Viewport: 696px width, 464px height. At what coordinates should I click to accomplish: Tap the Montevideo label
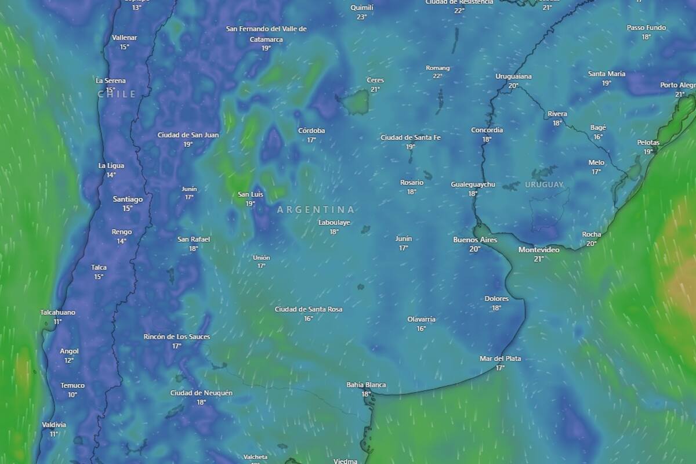point(539,250)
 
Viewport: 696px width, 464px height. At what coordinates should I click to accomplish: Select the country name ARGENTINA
point(316,209)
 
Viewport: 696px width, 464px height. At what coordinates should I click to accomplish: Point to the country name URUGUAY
point(544,184)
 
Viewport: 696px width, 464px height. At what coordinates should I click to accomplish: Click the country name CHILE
point(117,94)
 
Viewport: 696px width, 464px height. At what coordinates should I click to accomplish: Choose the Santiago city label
point(128,199)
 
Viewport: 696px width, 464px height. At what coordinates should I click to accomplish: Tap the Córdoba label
point(311,130)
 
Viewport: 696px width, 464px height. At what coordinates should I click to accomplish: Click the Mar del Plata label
point(500,358)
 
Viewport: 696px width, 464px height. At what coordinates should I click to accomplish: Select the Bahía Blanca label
point(366,385)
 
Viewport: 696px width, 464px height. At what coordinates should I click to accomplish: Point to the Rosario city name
point(412,183)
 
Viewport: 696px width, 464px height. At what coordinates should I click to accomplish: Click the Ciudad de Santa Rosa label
point(309,309)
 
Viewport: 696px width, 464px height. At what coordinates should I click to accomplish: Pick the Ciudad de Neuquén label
point(201,393)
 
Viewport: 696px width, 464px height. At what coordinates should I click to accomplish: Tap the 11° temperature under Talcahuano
point(57,321)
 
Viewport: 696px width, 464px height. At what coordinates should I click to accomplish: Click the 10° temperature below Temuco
point(72,395)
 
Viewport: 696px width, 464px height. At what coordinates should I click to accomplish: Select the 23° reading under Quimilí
point(362,17)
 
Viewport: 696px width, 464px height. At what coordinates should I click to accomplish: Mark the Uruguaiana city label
point(513,77)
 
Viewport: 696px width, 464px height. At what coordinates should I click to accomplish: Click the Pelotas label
point(648,143)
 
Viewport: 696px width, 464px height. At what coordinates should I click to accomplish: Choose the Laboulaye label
point(334,222)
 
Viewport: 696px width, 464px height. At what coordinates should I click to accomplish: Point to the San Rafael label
point(194,239)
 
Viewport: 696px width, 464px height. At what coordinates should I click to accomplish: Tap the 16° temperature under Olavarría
point(421,328)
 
